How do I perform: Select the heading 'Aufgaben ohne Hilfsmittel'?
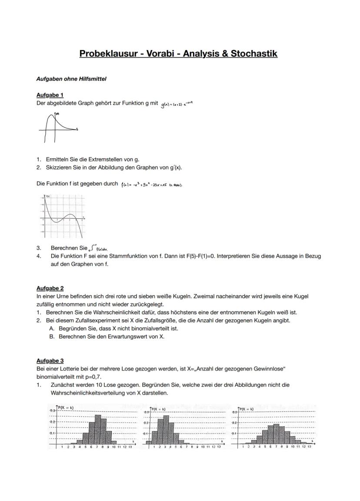(x=71, y=79)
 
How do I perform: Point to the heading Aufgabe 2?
(x=50, y=288)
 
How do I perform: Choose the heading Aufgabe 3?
(x=50, y=361)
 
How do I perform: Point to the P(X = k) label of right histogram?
(x=249, y=409)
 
